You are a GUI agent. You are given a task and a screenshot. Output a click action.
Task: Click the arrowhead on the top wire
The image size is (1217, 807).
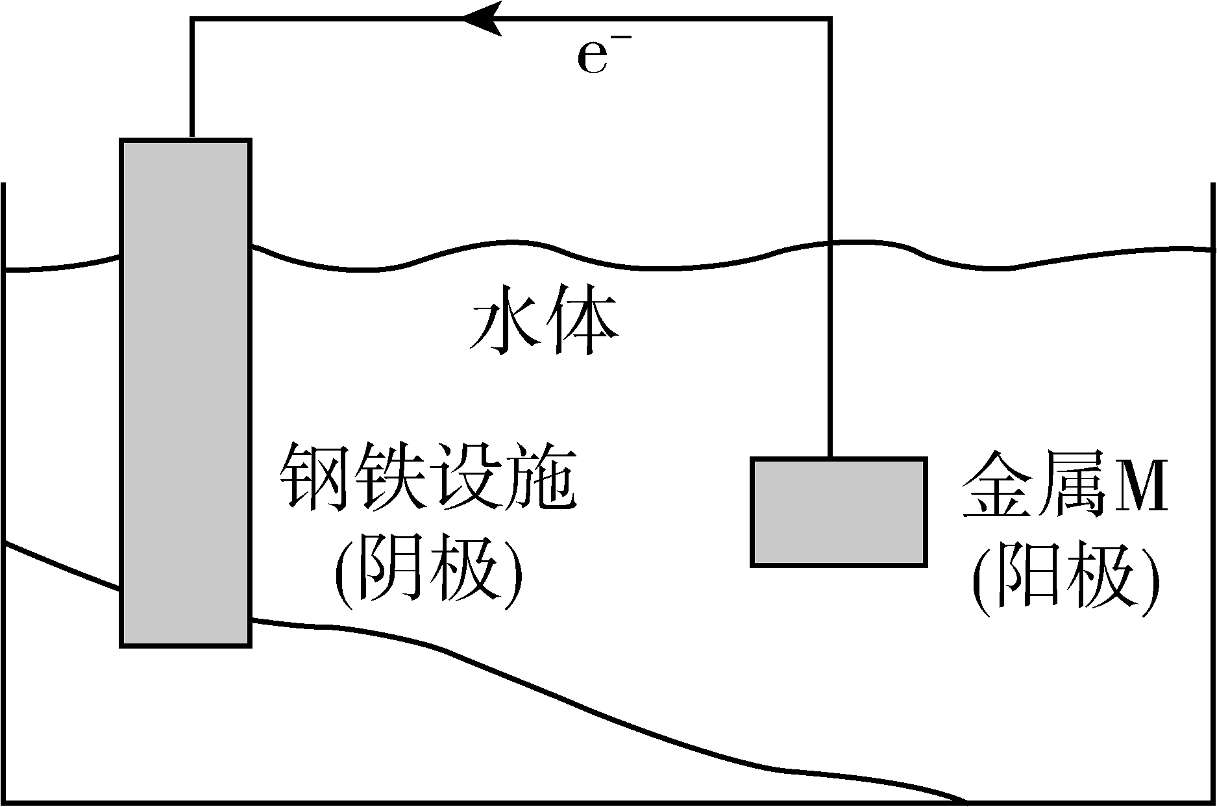[x=482, y=18]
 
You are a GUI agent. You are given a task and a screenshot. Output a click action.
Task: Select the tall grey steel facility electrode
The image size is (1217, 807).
[x=186, y=393]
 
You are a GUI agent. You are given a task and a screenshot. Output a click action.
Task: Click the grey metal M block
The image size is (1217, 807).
[x=839, y=512]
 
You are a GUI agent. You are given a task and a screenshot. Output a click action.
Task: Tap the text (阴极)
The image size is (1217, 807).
[x=428, y=571]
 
